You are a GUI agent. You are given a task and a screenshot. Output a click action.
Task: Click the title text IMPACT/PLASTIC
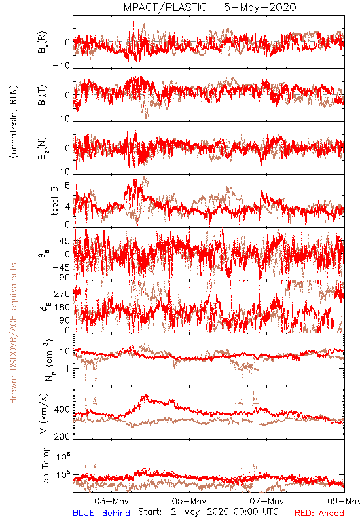pyautogui.click(x=164, y=7)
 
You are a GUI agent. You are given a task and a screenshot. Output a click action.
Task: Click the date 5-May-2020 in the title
pyautogui.click(x=260, y=7)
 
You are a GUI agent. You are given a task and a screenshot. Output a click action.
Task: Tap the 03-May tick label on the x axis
pyautogui.click(x=111, y=501)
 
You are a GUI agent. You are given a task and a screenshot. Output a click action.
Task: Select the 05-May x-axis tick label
pyautogui.click(x=189, y=501)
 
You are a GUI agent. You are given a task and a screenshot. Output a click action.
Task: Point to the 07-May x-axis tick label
pyautogui.click(x=267, y=501)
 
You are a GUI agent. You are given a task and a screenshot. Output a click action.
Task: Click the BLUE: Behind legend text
pyautogui.click(x=101, y=514)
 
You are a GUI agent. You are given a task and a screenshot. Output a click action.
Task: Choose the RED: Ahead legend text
pyautogui.click(x=319, y=514)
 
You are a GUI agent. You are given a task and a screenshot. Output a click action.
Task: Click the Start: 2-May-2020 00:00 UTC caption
pyautogui.click(x=208, y=512)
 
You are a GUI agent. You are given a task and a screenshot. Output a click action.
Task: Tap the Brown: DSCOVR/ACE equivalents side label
pyautogui.click(x=13, y=333)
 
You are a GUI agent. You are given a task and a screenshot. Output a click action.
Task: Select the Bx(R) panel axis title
pyautogui.click(x=43, y=43)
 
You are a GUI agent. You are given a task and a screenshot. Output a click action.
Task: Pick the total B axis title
pyautogui.click(x=54, y=200)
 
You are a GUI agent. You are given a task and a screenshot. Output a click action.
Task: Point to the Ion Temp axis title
pyautogui.click(x=45, y=466)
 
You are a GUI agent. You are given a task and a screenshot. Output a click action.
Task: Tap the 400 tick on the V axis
pyautogui.click(x=62, y=409)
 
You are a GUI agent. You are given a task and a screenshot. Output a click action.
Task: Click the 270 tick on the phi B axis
pyautogui.click(x=62, y=293)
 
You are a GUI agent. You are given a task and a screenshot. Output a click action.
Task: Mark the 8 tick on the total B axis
pyautogui.click(x=67, y=185)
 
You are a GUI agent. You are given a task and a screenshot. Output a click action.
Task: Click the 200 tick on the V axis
pyautogui.click(x=62, y=436)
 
